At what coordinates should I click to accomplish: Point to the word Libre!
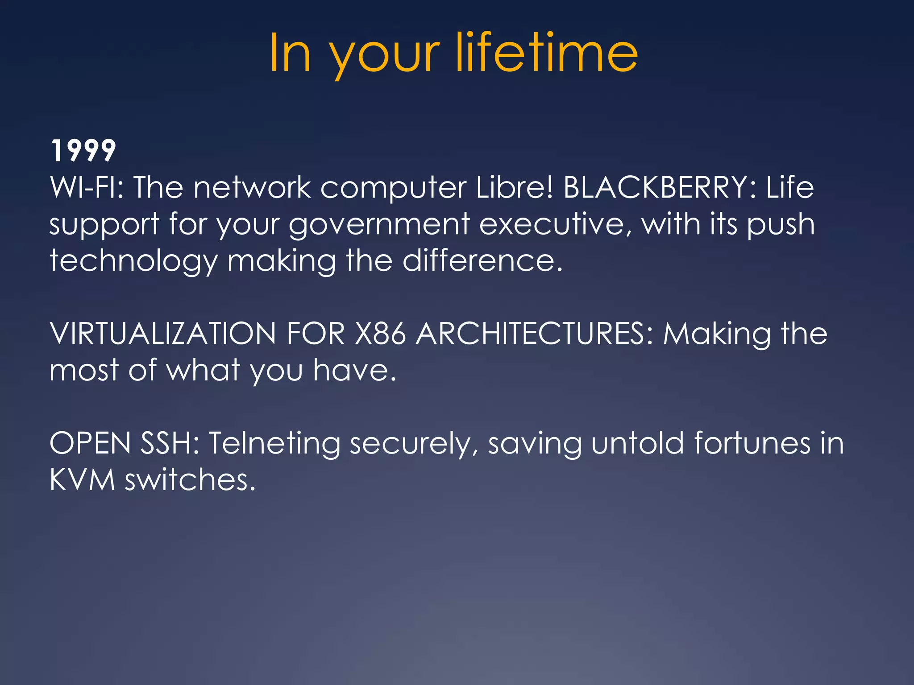(515, 187)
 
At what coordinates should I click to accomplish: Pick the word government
(379, 224)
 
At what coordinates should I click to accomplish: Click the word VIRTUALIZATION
(163, 333)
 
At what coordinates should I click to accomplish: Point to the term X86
(380, 333)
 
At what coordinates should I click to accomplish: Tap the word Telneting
(274, 444)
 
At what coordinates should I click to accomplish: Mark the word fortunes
(752, 443)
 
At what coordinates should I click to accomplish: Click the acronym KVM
(83, 480)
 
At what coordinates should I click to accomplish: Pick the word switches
(190, 480)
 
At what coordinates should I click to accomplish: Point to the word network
(252, 187)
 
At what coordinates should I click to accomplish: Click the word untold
(637, 443)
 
